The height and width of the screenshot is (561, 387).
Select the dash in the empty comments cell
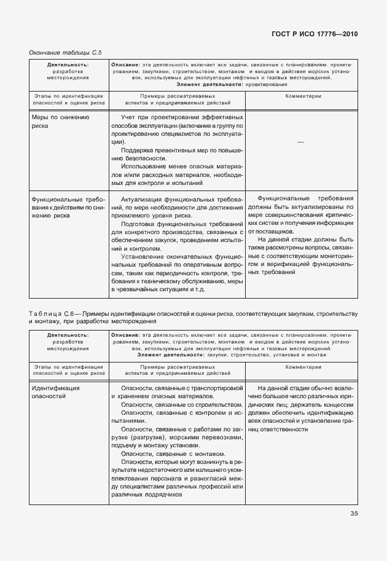coord(300,142)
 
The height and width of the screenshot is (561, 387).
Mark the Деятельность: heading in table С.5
coord(68,64)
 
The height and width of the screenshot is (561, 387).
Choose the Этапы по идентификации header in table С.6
coord(68,366)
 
